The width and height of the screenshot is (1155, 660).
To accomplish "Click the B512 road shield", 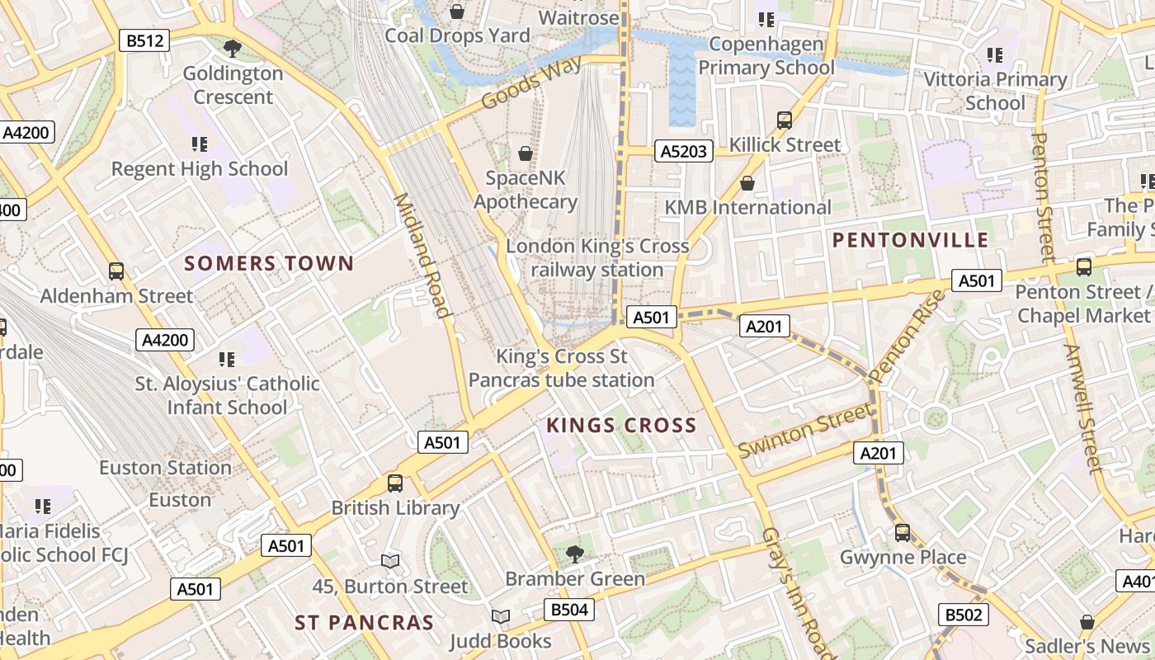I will pyautogui.click(x=144, y=40).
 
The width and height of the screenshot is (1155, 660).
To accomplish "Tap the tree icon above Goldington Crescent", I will pyautogui.click(x=233, y=49).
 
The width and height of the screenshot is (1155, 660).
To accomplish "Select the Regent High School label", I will pyautogui.click(x=200, y=169).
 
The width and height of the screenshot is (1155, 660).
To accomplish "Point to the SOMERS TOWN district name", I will pyautogui.click(x=269, y=264).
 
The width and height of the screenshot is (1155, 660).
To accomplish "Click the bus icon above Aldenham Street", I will pyautogui.click(x=116, y=271).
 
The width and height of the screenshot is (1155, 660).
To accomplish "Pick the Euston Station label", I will pyautogui.click(x=165, y=468).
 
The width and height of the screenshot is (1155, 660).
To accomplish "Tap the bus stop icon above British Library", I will pyautogui.click(x=395, y=483).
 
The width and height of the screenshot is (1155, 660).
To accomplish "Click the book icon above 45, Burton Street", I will pyautogui.click(x=390, y=562).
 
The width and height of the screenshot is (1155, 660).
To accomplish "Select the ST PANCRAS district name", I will pyautogui.click(x=364, y=623).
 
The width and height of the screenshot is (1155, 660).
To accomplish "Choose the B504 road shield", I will pyautogui.click(x=569, y=610).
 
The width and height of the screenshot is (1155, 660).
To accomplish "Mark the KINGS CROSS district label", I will pyautogui.click(x=622, y=426).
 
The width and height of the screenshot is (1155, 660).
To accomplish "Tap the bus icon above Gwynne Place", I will pyautogui.click(x=903, y=533).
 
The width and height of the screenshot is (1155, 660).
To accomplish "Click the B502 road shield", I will pyautogui.click(x=963, y=615).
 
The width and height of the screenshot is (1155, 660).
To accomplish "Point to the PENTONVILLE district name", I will pyautogui.click(x=910, y=241).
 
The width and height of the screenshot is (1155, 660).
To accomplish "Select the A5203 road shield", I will pyautogui.click(x=684, y=151).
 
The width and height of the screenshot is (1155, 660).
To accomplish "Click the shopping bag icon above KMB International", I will pyautogui.click(x=747, y=183).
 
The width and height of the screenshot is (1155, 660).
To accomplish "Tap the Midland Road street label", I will pyautogui.click(x=422, y=255).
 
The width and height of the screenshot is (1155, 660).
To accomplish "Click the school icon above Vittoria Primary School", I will pyautogui.click(x=995, y=55).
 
